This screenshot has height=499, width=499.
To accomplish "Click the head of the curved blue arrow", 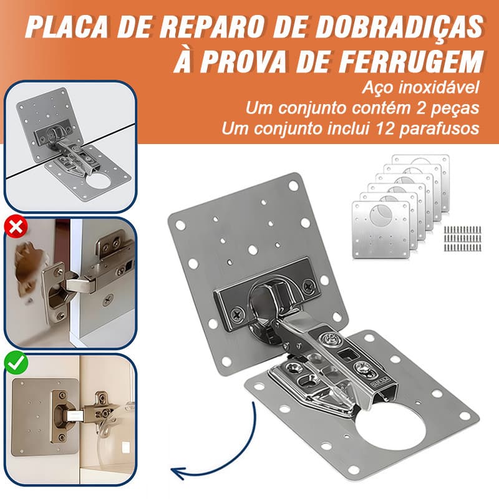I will point(177,472).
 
